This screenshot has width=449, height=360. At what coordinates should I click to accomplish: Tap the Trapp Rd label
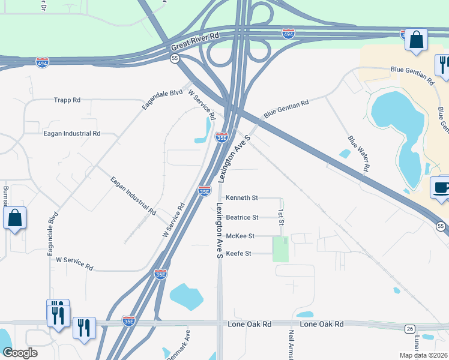point(67,100)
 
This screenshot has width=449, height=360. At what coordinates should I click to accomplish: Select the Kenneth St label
point(241,197)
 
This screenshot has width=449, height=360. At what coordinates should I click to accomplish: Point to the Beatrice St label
point(241,217)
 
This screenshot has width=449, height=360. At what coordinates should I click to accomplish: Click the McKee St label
point(240,236)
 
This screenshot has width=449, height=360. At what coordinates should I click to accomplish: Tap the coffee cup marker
point(441,187)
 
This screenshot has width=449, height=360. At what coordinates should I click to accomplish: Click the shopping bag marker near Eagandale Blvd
point(15,218)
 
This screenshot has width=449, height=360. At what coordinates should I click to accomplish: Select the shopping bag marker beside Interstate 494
point(415,40)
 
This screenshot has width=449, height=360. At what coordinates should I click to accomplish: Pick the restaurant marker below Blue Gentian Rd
point(443,65)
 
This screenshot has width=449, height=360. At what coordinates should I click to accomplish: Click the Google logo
point(20,353)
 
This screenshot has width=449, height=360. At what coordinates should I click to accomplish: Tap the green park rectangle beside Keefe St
point(280,249)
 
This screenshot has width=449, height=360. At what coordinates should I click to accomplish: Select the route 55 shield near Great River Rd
point(175,58)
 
